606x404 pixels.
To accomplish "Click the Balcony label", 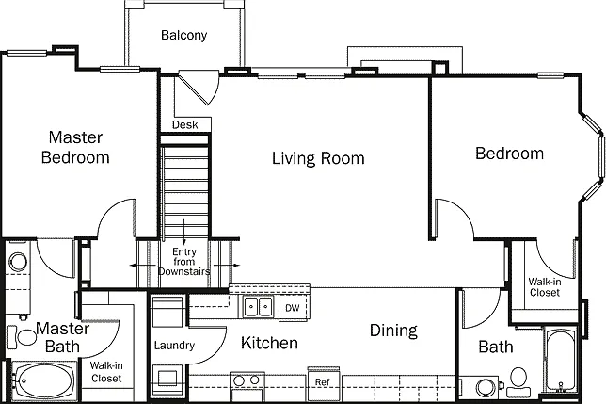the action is point(184,35).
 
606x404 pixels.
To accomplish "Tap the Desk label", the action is point(185,125).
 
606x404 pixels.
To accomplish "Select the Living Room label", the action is point(318,158).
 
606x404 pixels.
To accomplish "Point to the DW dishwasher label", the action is point(292,308).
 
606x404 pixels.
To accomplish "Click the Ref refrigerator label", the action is point(323,382).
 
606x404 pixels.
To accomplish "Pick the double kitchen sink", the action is point(258,307).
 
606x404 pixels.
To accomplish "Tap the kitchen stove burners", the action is point(247,380).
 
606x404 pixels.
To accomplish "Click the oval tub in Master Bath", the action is point(45,380).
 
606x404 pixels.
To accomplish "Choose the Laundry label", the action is point(174,346).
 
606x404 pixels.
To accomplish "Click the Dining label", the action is point(393,331).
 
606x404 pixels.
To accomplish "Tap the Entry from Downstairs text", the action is point(184,262).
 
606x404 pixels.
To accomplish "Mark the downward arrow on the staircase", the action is point(184,232).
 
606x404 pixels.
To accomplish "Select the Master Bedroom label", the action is point(75,147).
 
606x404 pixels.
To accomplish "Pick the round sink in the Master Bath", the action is point(18,262).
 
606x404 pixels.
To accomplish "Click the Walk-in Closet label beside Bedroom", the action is point(545,287).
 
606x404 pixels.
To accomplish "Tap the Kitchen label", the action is point(269,343).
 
